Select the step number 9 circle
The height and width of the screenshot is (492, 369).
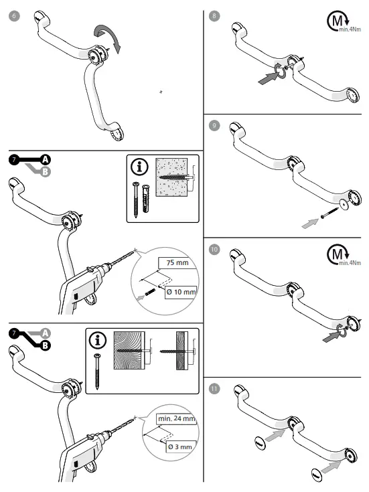coord(214,125)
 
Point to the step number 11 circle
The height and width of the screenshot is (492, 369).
coord(214,387)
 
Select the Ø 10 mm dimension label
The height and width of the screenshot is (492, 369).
coord(181,293)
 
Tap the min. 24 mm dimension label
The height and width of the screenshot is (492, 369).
coord(176,418)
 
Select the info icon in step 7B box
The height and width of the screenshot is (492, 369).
coord(98,340)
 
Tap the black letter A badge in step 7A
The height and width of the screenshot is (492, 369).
coord(45,159)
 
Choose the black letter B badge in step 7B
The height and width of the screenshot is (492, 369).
coord(45,346)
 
